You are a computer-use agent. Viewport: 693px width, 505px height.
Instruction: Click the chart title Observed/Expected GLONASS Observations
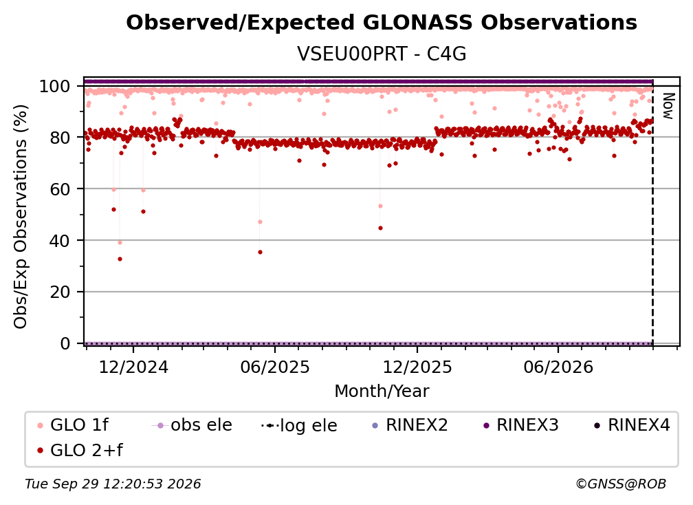tap(382, 23)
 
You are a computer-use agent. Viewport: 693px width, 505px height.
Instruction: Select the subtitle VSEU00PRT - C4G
tap(382, 54)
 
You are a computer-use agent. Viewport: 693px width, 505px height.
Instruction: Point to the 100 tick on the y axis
tap(54, 86)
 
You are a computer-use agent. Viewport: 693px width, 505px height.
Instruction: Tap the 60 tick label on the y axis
tap(60, 189)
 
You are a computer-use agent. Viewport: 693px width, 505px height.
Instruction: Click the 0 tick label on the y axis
tap(65, 343)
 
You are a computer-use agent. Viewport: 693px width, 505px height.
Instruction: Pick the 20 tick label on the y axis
tap(60, 292)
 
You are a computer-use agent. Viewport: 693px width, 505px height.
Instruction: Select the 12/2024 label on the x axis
tap(133, 367)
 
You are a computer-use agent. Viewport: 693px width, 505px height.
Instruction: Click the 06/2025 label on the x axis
tap(275, 367)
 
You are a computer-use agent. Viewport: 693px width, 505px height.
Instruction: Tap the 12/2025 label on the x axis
tap(417, 367)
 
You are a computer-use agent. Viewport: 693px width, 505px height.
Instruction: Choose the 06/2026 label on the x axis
tap(558, 367)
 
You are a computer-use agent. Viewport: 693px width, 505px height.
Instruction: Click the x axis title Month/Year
tap(382, 391)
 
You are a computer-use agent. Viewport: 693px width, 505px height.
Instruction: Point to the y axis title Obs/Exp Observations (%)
tap(21, 217)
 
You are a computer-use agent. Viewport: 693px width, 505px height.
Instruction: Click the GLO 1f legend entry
tap(72, 425)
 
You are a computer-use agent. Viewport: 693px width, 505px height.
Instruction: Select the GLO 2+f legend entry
tap(80, 451)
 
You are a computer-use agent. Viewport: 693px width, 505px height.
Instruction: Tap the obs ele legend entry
tap(192, 425)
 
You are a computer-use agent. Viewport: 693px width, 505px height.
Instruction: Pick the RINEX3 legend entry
tap(521, 425)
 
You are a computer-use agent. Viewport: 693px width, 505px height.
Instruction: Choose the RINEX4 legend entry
tap(632, 425)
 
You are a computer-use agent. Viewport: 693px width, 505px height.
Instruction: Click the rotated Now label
tap(668, 106)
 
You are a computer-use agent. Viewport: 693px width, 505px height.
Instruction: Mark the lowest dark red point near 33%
tap(120, 259)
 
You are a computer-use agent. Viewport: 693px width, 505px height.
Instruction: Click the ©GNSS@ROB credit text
tap(621, 484)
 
